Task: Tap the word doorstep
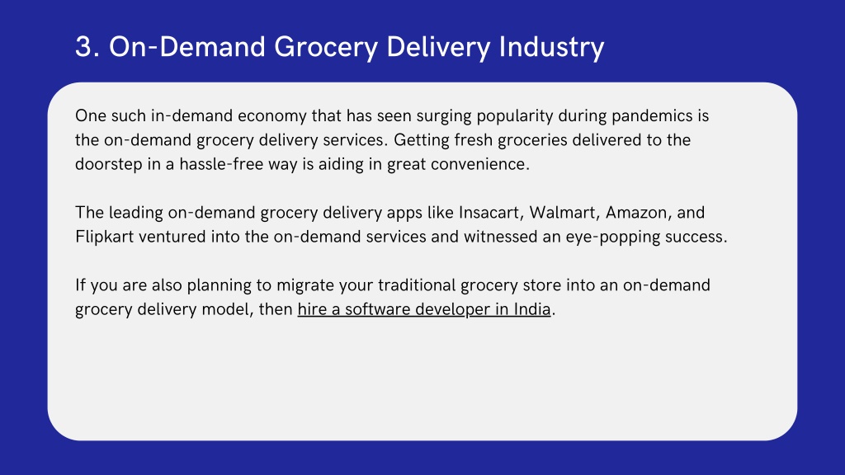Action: [x=108, y=164]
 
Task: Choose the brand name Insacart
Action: [x=491, y=213]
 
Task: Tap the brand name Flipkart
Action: [x=104, y=237]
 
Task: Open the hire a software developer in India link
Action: [x=424, y=310]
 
